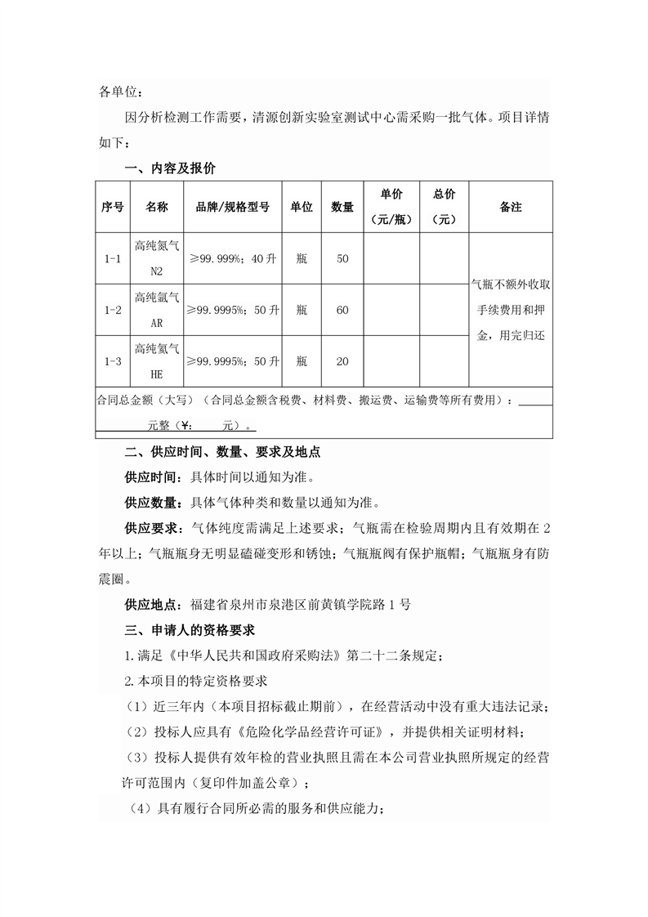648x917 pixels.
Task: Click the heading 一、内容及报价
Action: point(170,168)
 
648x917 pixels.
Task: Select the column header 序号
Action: point(113,208)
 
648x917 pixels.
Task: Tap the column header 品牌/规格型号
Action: point(233,208)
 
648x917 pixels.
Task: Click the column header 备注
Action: point(511,208)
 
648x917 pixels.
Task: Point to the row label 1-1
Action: point(113,259)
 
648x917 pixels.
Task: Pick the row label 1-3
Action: point(113,360)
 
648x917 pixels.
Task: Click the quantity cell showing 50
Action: point(342,259)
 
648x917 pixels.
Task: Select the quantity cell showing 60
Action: point(342,310)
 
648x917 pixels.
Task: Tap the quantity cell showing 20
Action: point(342,360)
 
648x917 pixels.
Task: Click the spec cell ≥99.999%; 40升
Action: point(233,259)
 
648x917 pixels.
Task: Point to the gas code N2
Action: point(157,271)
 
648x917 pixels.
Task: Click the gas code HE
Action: point(157,374)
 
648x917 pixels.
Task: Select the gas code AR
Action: point(157,323)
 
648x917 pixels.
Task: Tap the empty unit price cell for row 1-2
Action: point(391,310)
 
